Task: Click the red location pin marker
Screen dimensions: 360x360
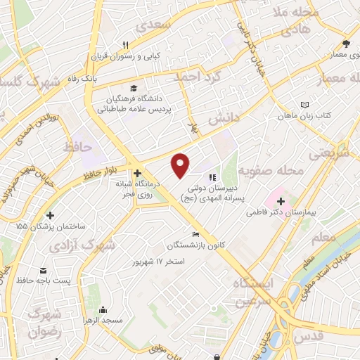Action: tap(181, 165)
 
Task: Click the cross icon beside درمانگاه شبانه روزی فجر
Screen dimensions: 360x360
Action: tap(137, 172)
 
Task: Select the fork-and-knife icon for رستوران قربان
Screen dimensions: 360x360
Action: tap(125, 44)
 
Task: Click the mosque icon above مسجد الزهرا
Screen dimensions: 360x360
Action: tap(103, 310)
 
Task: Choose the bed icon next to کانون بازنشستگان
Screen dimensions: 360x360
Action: tap(195, 235)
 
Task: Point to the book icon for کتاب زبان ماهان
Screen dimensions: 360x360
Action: tap(304, 105)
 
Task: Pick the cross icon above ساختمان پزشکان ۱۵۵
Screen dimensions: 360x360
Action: tap(49, 215)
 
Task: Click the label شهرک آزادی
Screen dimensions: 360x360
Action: tap(98, 245)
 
